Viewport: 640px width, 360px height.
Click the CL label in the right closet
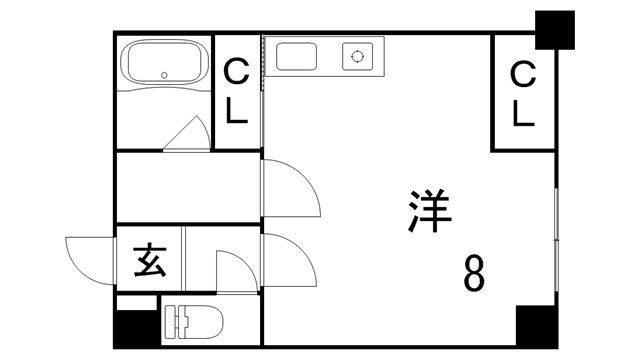point(523,93)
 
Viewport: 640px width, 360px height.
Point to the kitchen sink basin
point(296,57)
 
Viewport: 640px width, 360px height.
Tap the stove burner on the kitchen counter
point(356,57)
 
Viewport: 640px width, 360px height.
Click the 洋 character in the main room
point(431,210)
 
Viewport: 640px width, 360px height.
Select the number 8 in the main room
point(474,272)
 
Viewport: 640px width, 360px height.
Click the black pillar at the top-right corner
point(555,29)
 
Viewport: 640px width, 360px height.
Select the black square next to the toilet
point(137,329)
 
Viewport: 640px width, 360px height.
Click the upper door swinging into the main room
point(290,188)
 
